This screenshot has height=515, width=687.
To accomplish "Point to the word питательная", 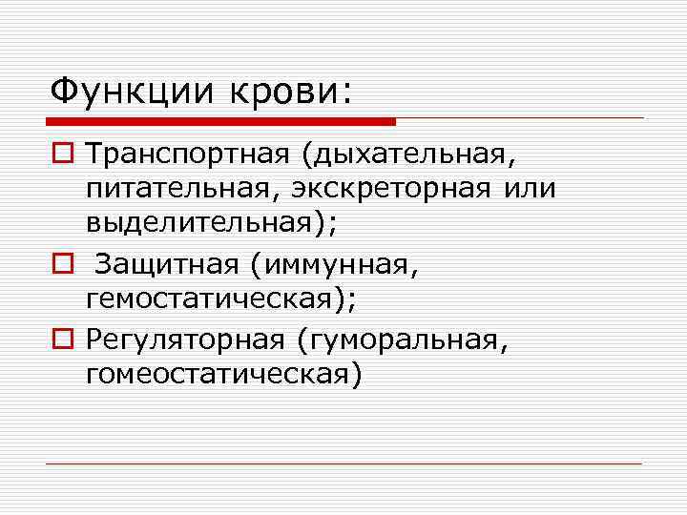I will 176,187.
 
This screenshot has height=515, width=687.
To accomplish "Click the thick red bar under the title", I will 219,121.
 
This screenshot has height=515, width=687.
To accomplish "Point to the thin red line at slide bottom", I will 343,463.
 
